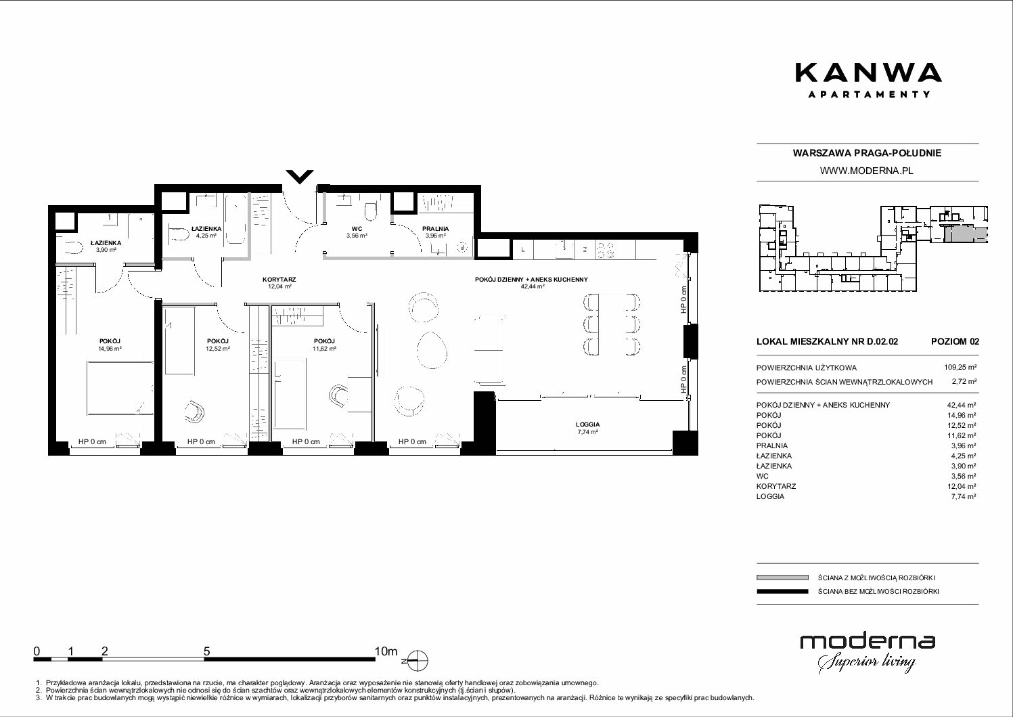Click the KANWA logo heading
pyautogui.click(x=868, y=73)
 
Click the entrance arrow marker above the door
pyautogui.click(x=299, y=177)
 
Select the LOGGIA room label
pyautogui.click(x=587, y=425)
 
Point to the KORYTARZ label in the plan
pyautogui.click(x=279, y=280)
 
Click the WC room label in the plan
pyautogui.click(x=357, y=229)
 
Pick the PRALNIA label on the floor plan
pyautogui.click(x=436, y=229)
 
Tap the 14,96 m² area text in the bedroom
pyautogui.click(x=110, y=349)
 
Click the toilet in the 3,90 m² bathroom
pyautogui.click(x=73, y=248)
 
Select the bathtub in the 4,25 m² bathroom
pyautogui.click(x=235, y=219)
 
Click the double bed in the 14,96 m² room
pyautogui.click(x=120, y=388)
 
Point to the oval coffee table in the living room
pyautogui.click(x=432, y=350)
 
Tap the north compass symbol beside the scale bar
pyautogui.click(x=418, y=660)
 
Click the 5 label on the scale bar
pyautogui.click(x=206, y=651)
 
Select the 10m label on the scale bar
pyautogui.click(x=386, y=651)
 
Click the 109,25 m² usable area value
pyautogui.click(x=960, y=368)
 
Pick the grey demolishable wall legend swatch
pyautogui.click(x=782, y=578)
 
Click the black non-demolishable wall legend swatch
pyautogui.click(x=782, y=591)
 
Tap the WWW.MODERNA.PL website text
pyautogui.click(x=866, y=171)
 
